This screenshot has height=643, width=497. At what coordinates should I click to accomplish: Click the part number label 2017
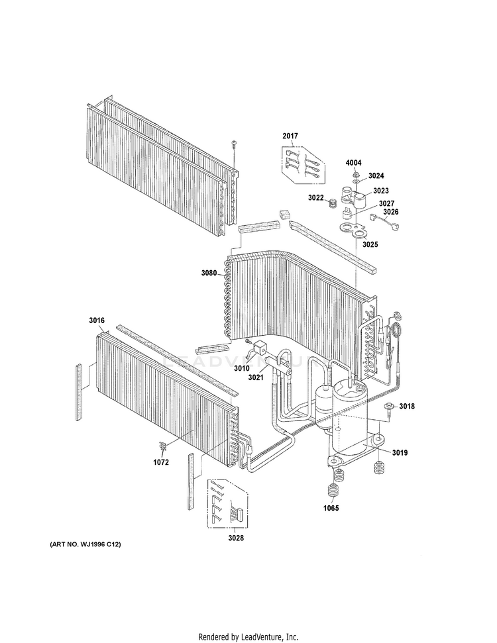290,136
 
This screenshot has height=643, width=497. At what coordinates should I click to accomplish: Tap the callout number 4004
353,163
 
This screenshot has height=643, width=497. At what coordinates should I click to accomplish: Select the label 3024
376,175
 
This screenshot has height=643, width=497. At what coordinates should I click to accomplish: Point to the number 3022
316,197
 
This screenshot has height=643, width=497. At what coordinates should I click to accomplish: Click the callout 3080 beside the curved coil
209,273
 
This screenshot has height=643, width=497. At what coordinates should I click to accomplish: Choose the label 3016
97,321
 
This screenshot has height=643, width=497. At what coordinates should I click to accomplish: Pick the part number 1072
161,462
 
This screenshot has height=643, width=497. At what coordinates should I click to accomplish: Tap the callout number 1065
331,508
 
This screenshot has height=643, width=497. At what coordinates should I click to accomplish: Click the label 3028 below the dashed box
236,538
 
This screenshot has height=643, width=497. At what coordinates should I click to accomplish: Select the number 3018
407,406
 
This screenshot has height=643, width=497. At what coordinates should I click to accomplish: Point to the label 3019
400,452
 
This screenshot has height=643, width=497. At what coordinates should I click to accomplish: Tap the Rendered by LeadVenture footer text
248,637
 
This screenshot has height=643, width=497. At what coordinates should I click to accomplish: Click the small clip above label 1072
163,446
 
